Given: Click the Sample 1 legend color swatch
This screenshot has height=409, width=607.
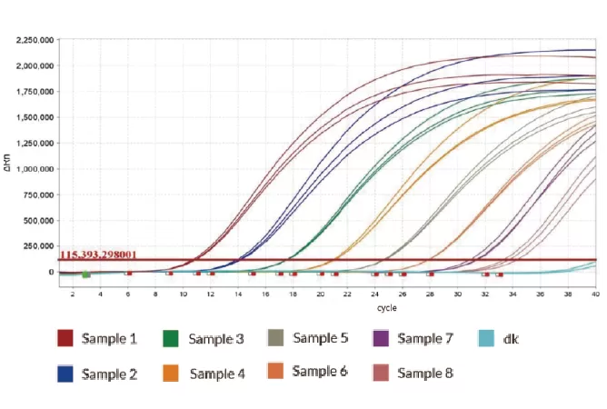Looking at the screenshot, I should click(65, 338).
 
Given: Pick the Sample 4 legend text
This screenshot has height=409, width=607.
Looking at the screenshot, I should click(216, 374).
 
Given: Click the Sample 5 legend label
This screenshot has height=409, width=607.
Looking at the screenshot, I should click(320, 338).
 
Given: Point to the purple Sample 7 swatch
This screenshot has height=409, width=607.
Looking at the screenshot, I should click(382, 338).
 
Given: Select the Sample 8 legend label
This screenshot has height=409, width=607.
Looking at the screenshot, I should click(424, 373).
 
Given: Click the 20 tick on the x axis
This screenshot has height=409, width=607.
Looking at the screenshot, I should click(320, 294).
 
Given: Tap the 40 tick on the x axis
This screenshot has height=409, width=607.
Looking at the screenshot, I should click(595, 294).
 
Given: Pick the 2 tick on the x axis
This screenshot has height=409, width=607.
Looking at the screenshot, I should click(73, 294).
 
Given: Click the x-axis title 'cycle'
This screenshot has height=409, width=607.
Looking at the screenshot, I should click(333, 308).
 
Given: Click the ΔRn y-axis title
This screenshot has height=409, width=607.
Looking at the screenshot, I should click(8, 168).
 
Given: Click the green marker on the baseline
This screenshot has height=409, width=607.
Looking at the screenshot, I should click(85, 273).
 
